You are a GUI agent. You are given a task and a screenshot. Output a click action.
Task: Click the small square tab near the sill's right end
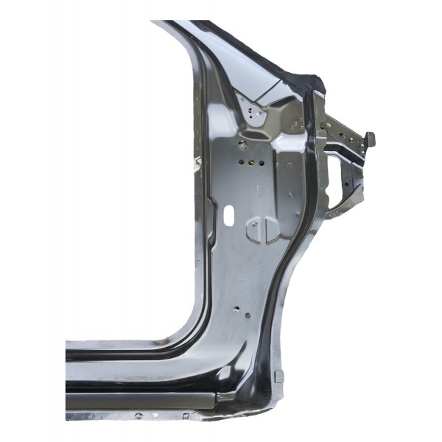(x=278, y=377)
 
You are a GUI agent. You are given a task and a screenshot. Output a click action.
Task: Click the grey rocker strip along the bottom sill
(x=140, y=402)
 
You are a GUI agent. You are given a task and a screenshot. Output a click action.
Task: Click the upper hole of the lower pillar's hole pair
(x=235, y=308)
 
